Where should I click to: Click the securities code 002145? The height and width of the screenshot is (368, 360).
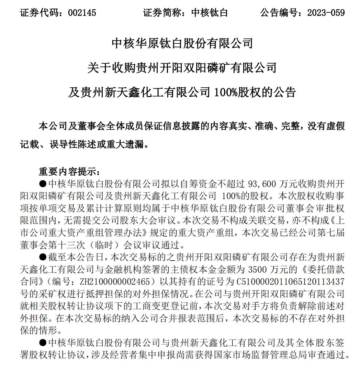pos(82,13)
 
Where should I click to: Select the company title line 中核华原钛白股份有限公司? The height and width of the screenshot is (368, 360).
pos(182,43)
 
